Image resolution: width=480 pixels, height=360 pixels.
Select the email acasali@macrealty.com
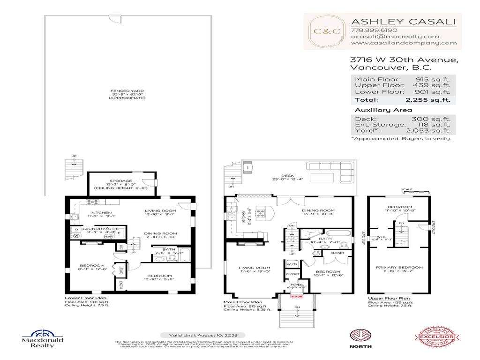click(395, 36)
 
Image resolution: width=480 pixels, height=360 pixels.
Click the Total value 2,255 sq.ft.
click(427, 100)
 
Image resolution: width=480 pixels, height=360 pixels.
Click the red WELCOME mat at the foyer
click(296, 296)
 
